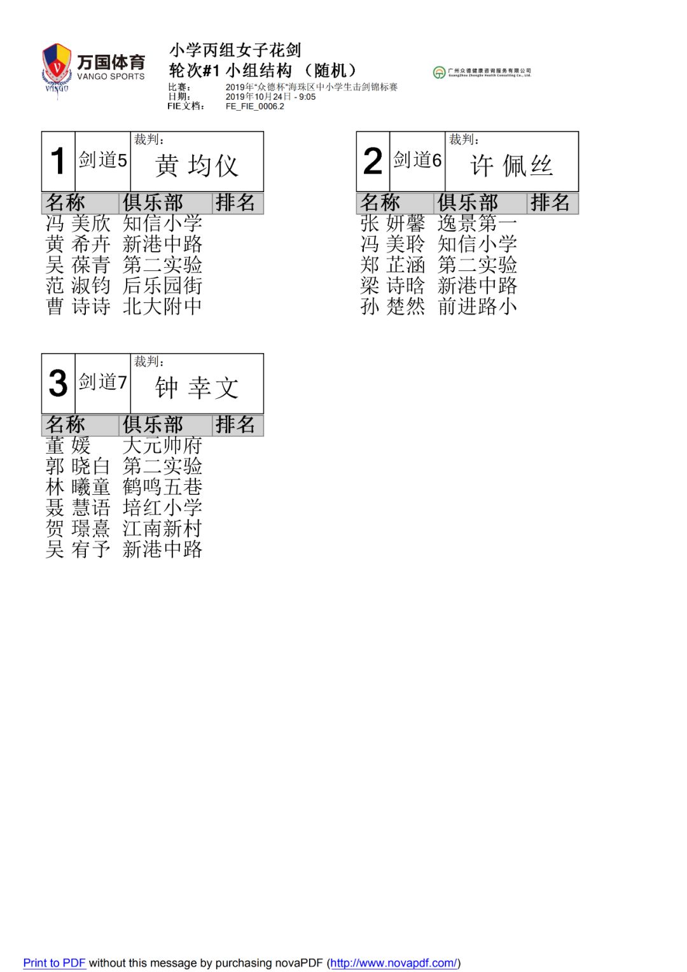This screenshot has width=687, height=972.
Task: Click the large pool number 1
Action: point(58,161)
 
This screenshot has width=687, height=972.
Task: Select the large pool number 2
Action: point(373,161)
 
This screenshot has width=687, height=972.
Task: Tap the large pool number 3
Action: point(58,383)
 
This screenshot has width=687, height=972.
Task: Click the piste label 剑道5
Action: point(103,160)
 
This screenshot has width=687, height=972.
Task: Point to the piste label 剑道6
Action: point(417,160)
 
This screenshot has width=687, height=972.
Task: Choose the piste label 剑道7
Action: point(103,382)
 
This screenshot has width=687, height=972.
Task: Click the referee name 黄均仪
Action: point(197,166)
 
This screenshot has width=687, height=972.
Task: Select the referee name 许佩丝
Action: point(511,166)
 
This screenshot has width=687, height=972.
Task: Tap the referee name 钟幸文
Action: point(197,388)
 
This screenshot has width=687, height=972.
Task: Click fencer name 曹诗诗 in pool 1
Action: point(78,307)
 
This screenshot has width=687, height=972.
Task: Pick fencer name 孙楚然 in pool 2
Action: point(392,307)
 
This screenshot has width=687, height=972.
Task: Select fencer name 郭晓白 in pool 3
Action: point(78,466)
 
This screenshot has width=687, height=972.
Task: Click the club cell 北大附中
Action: point(162,307)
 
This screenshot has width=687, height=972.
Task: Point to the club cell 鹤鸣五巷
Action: point(162,487)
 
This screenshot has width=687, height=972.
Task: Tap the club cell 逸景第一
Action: point(477,223)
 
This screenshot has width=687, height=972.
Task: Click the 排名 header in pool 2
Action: point(550,203)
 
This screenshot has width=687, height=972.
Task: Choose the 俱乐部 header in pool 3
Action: point(153,425)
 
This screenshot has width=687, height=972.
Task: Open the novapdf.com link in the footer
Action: point(394,963)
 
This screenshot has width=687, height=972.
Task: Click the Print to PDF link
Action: point(54,963)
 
